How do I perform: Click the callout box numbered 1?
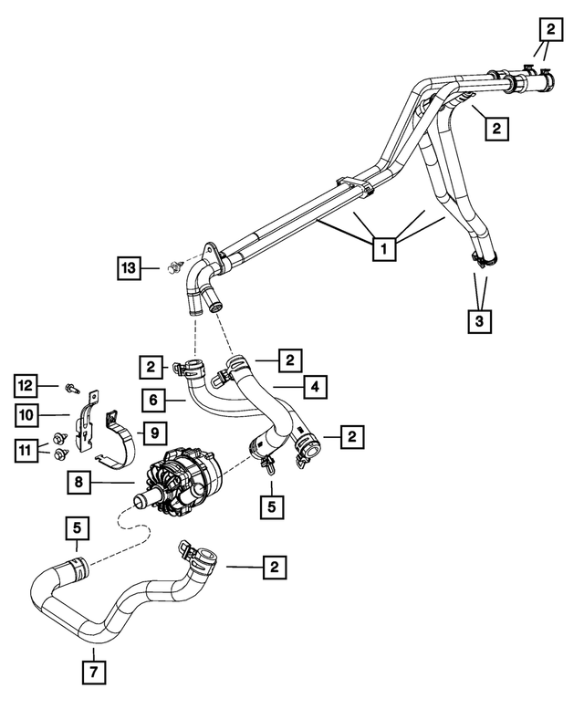point(385,248)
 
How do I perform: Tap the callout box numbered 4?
point(313,388)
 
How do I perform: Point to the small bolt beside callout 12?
point(72,388)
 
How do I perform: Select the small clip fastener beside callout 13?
point(171,266)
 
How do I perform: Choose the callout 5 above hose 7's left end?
point(77,528)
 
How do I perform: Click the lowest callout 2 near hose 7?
point(272,568)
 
